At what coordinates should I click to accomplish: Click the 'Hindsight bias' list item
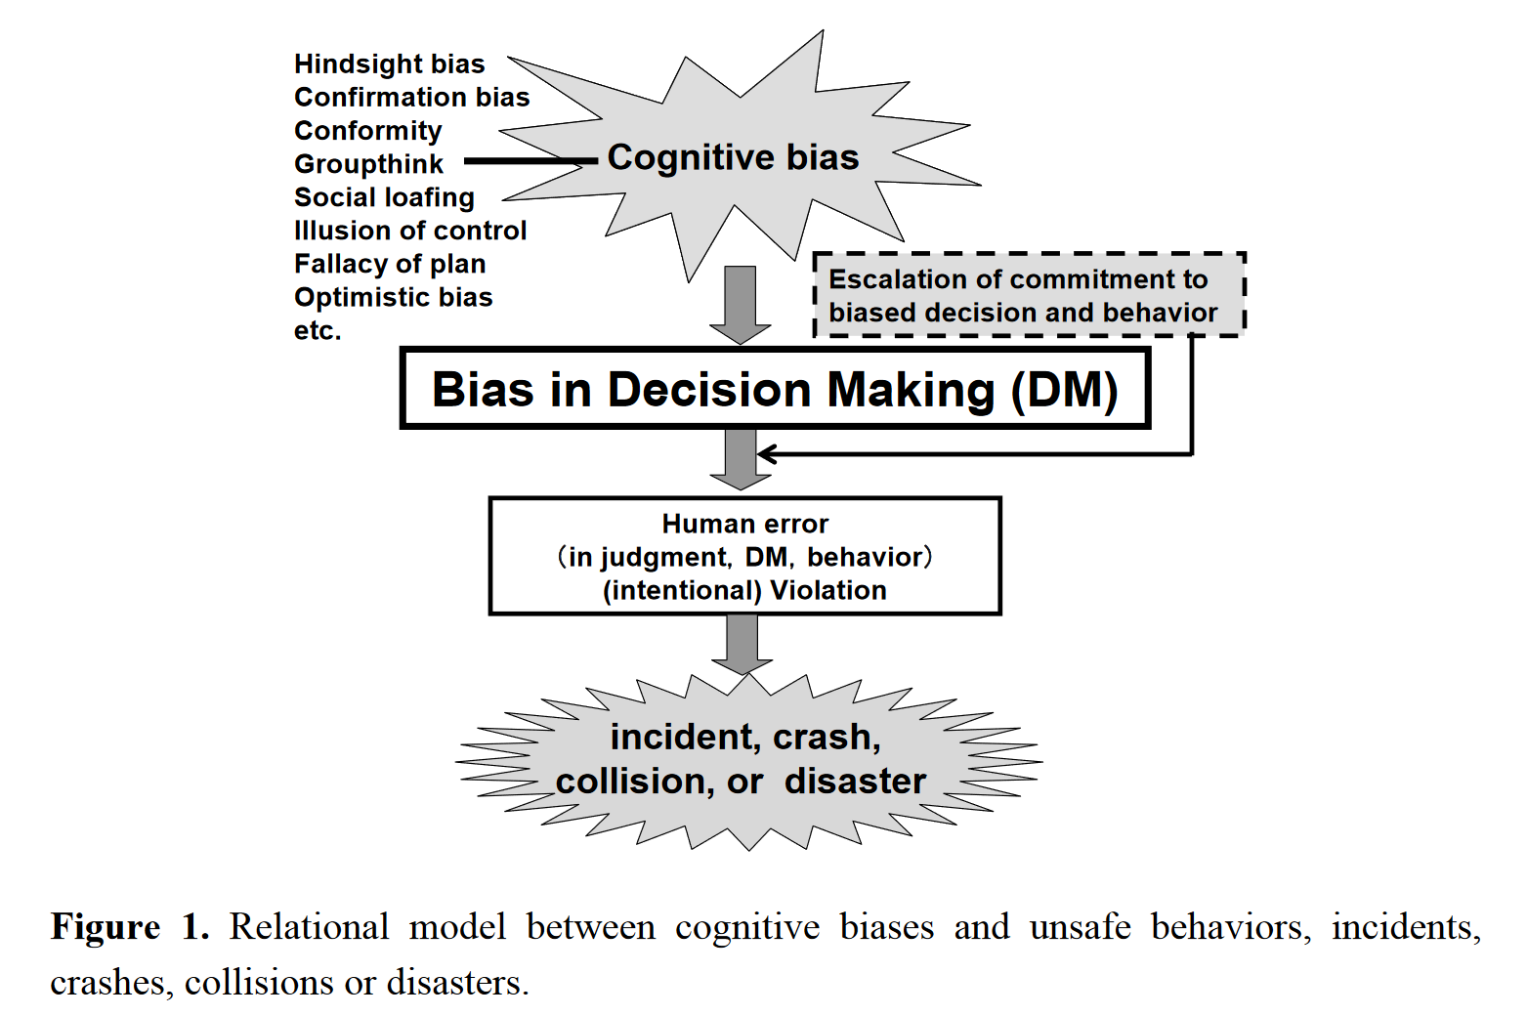coord(389,64)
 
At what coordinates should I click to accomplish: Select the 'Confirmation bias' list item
coord(411,98)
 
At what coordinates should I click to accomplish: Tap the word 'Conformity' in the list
coord(367,131)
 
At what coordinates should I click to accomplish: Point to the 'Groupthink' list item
coord(368,164)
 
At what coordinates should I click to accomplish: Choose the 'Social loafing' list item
coord(384,197)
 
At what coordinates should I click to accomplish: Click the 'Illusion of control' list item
coord(410,231)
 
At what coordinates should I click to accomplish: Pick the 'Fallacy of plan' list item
coord(390,264)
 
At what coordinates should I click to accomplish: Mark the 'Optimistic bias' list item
coord(393,297)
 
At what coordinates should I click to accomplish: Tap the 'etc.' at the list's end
coord(318,331)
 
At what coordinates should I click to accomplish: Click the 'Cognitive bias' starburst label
coord(733,157)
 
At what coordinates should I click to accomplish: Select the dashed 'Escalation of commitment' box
coord(1029,295)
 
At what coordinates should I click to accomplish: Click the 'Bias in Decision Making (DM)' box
coord(775,389)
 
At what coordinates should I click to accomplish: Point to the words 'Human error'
coord(744,525)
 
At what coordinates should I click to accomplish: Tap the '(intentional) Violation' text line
coord(744,591)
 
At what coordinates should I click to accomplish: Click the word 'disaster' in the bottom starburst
coord(855,782)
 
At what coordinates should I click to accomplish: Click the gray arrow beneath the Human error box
coord(742,643)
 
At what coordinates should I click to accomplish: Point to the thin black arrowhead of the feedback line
coord(766,454)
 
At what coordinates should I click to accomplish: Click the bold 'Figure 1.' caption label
coord(130,927)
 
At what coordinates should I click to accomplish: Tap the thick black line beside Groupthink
coord(530,161)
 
